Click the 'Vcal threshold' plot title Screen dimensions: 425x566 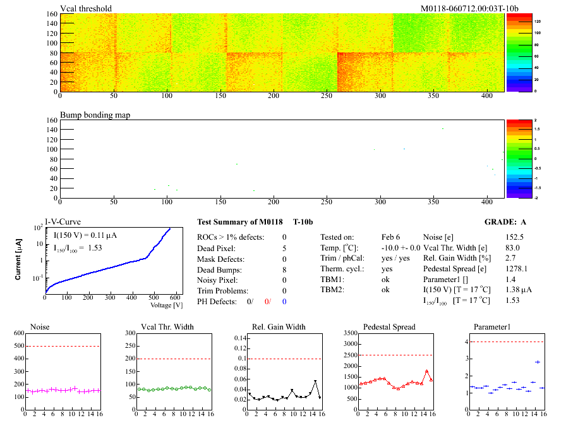[x=86, y=8]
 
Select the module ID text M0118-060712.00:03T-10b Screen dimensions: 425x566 [x=469, y=8]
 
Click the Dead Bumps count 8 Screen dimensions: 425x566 [x=284, y=269]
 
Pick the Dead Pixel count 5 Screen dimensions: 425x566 [x=284, y=248]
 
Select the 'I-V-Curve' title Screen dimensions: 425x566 [x=63, y=222]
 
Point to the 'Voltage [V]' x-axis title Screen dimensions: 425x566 [x=166, y=305]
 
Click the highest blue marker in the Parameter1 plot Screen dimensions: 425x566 [x=537, y=362]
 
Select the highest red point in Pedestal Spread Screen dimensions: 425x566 [x=426, y=371]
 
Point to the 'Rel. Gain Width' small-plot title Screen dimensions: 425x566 [x=279, y=327]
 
